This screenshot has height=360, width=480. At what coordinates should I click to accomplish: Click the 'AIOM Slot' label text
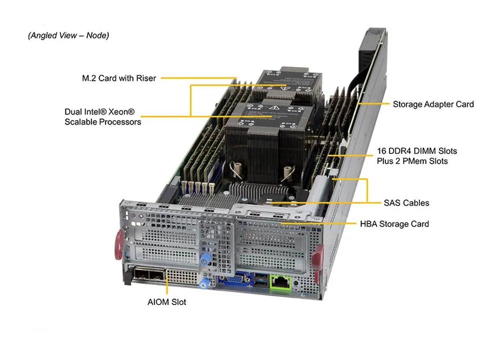[166, 302]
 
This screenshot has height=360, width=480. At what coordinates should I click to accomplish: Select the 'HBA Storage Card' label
[394, 224]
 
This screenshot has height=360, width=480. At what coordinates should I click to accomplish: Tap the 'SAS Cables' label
[406, 203]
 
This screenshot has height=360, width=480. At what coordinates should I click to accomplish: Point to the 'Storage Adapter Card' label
[433, 104]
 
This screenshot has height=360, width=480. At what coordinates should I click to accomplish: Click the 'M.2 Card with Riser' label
[119, 78]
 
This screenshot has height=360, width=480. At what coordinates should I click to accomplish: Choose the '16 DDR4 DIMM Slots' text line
[416, 151]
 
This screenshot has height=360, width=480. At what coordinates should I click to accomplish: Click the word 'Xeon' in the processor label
[123, 111]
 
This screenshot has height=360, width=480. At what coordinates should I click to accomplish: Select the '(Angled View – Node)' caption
[68, 35]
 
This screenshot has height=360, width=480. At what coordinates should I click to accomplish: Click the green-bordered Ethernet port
[281, 282]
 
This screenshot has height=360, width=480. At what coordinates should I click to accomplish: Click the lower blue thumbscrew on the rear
[203, 284]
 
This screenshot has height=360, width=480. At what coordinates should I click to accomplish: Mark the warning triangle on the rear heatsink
[285, 87]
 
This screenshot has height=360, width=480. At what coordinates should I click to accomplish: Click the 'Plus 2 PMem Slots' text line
[412, 161]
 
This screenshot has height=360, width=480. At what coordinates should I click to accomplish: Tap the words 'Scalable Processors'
[102, 122]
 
